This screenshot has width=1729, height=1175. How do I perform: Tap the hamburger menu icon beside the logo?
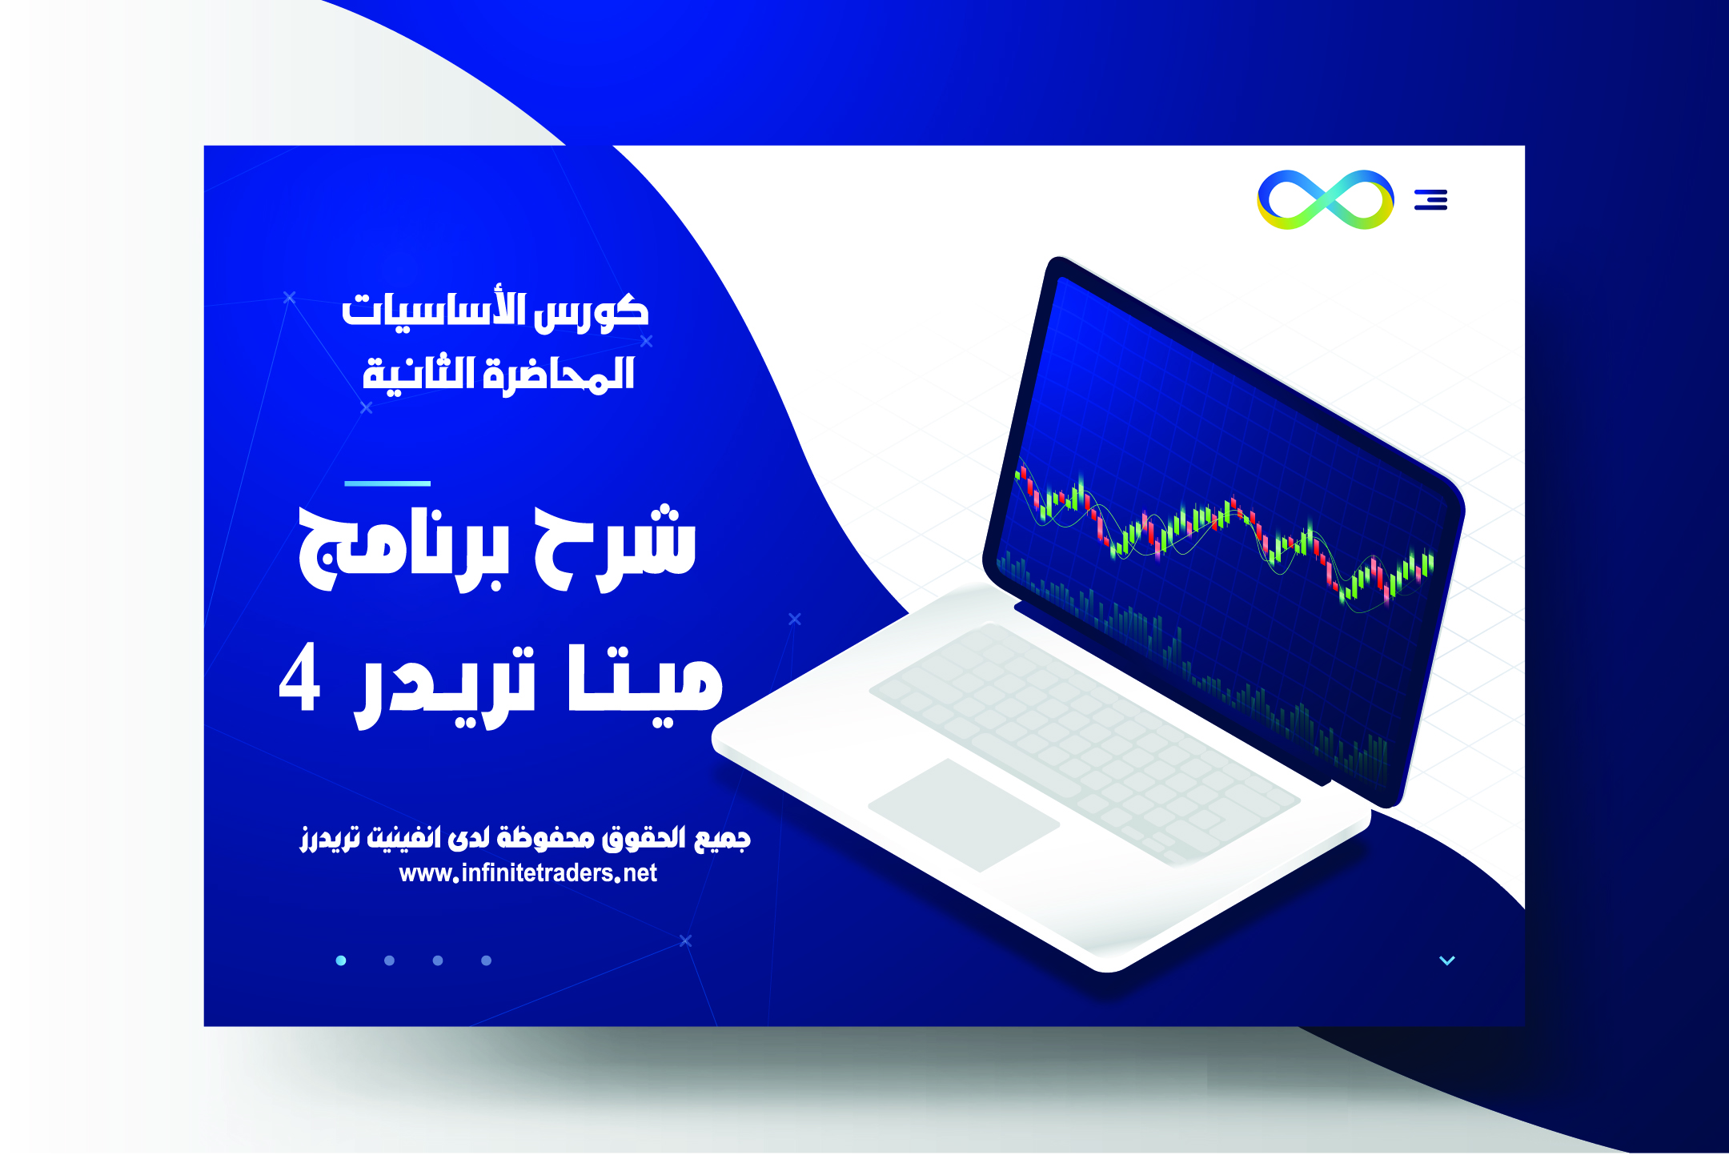point(1431,199)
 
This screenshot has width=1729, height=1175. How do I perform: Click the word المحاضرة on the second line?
point(559,374)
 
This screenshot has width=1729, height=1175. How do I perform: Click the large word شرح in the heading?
point(615,549)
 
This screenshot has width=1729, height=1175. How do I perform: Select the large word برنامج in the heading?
point(403,549)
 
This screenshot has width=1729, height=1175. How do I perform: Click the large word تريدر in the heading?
point(445,685)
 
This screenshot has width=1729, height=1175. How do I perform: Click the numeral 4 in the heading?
point(300,677)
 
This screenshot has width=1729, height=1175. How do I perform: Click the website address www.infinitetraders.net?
point(528,873)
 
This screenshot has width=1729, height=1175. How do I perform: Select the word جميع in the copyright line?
point(722,838)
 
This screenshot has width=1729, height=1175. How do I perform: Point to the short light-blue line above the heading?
point(387,483)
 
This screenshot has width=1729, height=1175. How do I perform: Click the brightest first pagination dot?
point(341,960)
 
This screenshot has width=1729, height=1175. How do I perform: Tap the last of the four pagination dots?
point(486,960)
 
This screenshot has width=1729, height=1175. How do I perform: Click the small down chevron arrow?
point(1447,960)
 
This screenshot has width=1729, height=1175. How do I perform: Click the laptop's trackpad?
point(964,815)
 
